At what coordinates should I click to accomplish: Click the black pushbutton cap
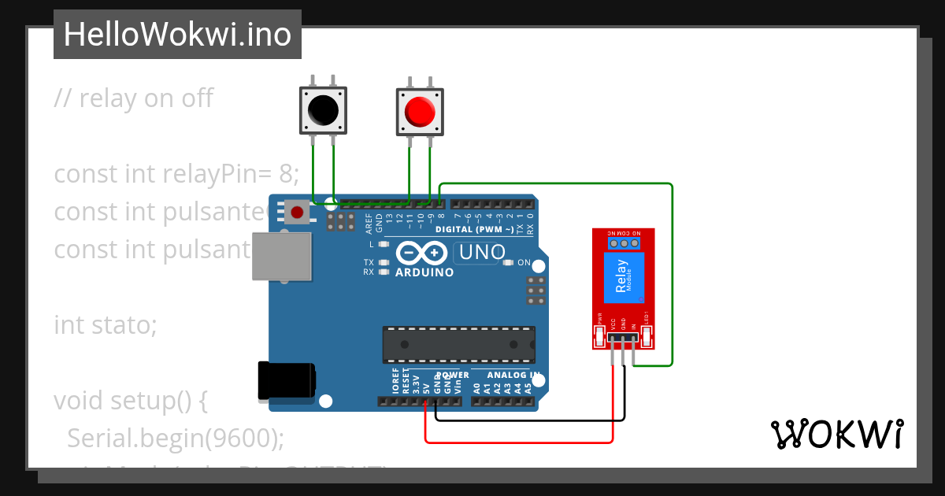coord(322,110)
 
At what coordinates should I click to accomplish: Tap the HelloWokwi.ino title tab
coord(177,35)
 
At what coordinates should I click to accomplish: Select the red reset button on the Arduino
coord(298,212)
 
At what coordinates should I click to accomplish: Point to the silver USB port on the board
coord(281,256)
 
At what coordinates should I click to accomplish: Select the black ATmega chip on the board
coord(458,345)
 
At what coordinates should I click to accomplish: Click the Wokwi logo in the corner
coord(836,434)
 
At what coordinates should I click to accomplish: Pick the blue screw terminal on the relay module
coord(624,244)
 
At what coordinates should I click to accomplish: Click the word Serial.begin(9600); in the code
coord(176,438)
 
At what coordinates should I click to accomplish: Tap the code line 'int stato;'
coord(106,324)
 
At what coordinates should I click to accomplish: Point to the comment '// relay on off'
coord(134,98)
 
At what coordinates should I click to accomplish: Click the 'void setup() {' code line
coord(131,401)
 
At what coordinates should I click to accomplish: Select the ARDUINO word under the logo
coord(424,272)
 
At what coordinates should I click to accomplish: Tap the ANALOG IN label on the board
coord(513,376)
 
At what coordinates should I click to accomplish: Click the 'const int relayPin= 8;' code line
coord(176,173)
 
